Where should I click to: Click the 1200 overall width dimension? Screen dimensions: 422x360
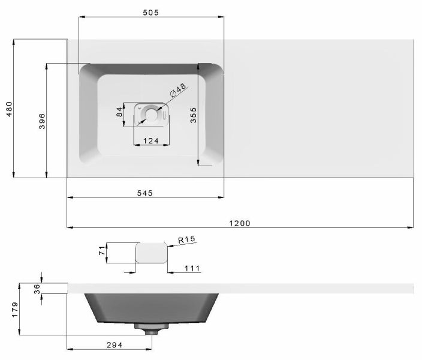coord(240,223)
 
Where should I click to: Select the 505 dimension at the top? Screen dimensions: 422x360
coord(150,13)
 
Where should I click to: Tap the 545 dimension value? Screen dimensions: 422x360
coord(145,193)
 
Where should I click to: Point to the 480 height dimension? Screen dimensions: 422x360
coord(9,109)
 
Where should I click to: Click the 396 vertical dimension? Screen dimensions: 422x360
coord(42,121)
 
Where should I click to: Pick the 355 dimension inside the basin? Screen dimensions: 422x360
coord(193,115)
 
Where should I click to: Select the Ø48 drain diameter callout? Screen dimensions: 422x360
coord(178,90)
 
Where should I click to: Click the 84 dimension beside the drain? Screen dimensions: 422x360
coord(119,112)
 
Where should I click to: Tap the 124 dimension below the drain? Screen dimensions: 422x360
coord(151,140)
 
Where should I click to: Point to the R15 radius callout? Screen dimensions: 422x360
coord(186,239)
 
